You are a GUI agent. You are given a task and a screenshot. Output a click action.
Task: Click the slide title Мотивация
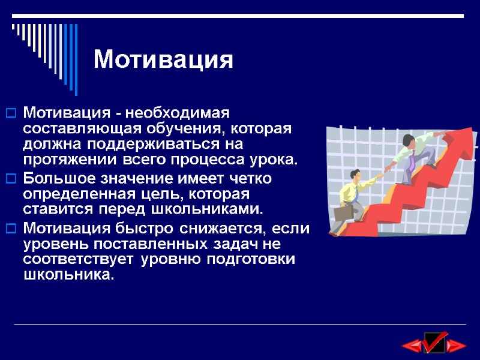pos(163,60)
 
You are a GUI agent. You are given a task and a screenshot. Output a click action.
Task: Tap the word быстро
pos(136,229)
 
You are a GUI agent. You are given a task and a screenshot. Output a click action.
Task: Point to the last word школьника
pos(67,276)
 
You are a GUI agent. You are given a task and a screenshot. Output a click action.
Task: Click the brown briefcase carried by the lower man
pos(341,214)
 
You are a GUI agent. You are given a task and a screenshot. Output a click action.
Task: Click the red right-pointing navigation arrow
pos(457,345)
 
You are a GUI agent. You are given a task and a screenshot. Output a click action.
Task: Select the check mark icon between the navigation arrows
pos(434,342)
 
